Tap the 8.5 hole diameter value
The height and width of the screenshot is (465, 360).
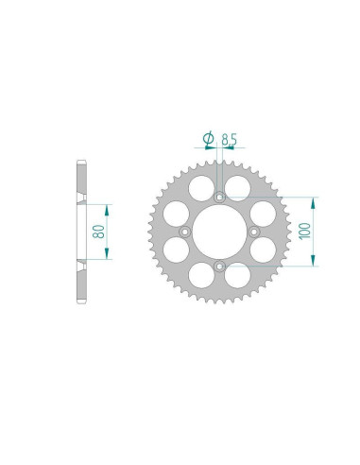(x=229, y=140)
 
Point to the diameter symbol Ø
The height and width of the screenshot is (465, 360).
(x=207, y=140)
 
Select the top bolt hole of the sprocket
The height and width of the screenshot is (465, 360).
(x=219, y=198)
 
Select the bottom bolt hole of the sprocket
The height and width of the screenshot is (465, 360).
(x=219, y=267)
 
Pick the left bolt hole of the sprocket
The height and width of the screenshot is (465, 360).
(x=184, y=232)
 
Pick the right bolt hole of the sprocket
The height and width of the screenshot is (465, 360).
(x=254, y=232)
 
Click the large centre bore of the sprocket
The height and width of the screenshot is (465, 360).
(x=219, y=232)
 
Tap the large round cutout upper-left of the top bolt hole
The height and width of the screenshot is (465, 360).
(x=200, y=188)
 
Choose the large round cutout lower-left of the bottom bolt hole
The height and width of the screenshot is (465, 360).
(x=200, y=277)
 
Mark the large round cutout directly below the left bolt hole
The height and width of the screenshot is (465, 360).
(x=175, y=251)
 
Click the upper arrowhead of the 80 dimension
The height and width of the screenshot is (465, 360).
(x=108, y=205)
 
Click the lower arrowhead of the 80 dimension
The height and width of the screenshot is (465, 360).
(x=108, y=257)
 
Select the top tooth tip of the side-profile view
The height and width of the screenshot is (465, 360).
(x=79, y=163)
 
